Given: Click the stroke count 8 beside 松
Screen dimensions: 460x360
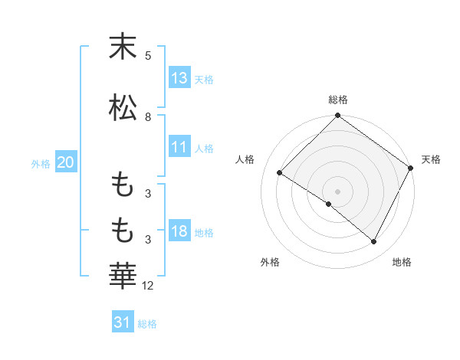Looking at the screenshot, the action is (148, 117).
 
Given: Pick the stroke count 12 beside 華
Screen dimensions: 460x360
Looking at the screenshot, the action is (149, 286).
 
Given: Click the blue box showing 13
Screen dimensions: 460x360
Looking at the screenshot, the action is (179, 78).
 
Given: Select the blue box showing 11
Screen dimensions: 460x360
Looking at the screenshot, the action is (179, 147).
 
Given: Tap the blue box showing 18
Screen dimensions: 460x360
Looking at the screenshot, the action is (179, 232).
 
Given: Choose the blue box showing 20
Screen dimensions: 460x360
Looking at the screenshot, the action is (66, 162).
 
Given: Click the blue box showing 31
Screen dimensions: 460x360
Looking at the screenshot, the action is (123, 323).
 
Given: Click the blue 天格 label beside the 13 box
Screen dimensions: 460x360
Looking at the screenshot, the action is (204, 80).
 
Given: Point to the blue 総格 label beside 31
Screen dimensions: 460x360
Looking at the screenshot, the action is (147, 324).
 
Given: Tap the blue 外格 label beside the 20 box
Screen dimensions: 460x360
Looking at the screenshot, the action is (41, 163).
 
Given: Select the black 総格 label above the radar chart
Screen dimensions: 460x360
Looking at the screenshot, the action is (338, 100).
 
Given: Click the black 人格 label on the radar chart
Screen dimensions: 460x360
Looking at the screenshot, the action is (245, 159).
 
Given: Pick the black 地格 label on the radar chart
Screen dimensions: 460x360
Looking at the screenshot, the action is (402, 262).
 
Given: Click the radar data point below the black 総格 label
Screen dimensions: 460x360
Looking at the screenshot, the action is (338, 116).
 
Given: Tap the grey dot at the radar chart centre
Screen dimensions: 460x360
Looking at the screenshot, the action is (337, 191).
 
